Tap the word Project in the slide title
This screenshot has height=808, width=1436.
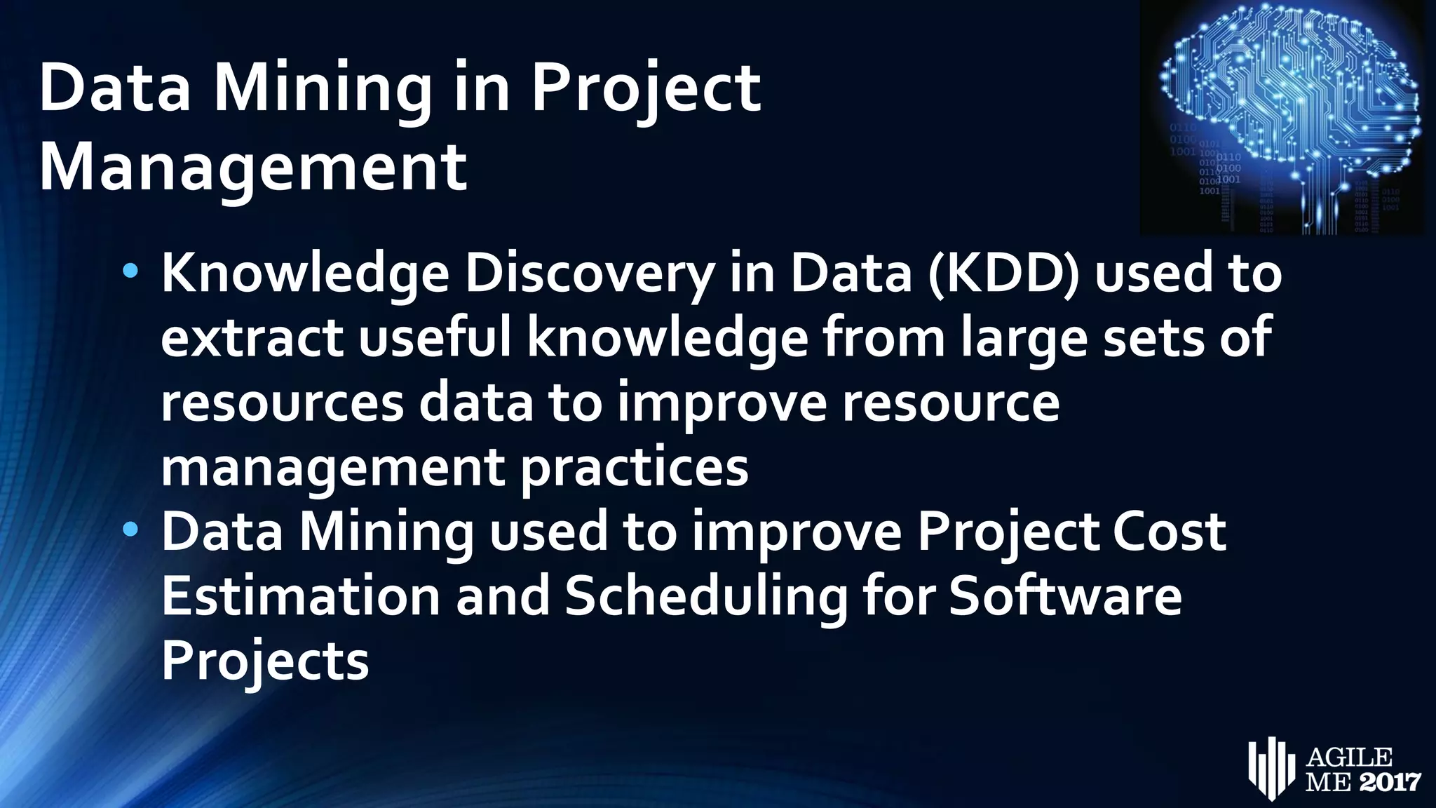tap(645, 88)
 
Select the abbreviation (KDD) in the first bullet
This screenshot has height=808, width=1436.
tap(1003, 274)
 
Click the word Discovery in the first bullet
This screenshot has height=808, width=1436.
tap(590, 274)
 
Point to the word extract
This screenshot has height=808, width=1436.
tap(252, 338)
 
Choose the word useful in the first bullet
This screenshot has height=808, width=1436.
tap(435, 338)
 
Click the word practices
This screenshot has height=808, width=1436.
tap(634, 469)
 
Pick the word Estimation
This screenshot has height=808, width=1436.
tap(301, 596)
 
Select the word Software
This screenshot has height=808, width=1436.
tap(1065, 596)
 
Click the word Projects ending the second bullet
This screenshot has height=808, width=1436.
tap(265, 661)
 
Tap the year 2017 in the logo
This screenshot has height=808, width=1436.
tap(1390, 781)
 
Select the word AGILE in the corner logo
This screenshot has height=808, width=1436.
tap(1349, 757)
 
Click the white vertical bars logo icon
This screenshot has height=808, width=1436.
tap(1270, 767)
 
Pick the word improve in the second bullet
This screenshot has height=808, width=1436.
tap(797, 532)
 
